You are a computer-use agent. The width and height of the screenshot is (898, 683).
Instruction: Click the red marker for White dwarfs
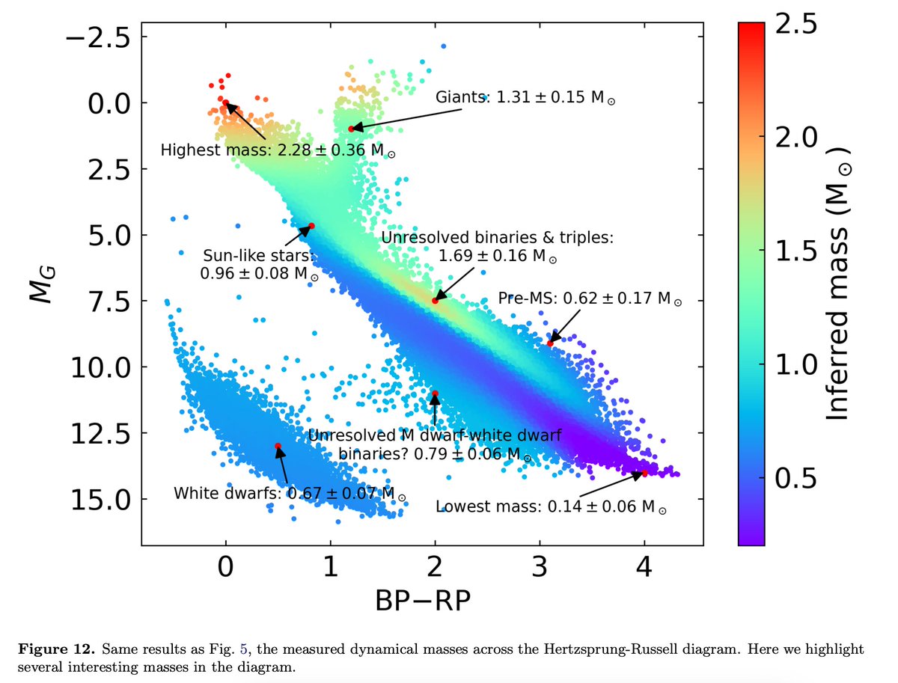point(278,446)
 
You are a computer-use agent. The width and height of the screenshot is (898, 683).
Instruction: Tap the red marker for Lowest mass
point(644,473)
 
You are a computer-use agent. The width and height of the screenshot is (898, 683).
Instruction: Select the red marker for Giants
point(351,129)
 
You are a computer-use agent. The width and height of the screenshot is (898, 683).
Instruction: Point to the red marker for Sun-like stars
point(311,226)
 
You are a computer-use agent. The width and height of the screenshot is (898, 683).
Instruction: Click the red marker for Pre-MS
point(550,343)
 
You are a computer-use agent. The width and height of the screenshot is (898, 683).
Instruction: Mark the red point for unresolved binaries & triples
point(435,301)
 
